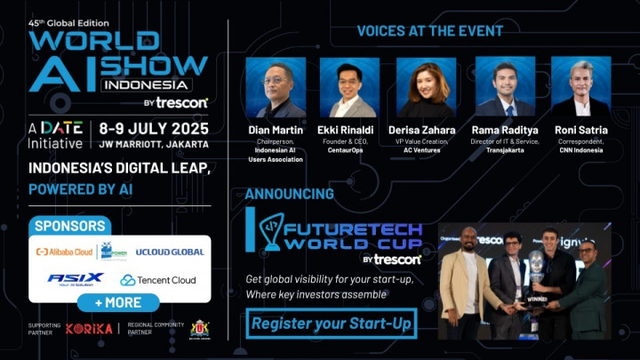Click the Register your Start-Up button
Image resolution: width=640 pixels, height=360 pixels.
[x=332, y=324]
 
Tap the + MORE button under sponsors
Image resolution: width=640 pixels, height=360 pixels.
[x=119, y=302]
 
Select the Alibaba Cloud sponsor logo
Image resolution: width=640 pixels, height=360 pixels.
[x=64, y=252]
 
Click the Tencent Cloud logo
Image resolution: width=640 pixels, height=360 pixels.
[x=158, y=280]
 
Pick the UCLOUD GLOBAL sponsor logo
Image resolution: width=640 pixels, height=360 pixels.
[x=170, y=252]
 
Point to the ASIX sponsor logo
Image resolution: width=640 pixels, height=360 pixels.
[x=76, y=279]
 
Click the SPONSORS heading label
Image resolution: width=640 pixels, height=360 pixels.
[x=69, y=226]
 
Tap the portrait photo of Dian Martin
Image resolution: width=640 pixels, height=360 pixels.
[x=276, y=88]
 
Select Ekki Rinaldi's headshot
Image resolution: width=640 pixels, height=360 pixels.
[x=349, y=88]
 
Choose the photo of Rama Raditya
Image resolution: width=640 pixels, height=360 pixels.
[x=504, y=88]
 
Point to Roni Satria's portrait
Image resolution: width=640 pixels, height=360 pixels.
[x=580, y=88]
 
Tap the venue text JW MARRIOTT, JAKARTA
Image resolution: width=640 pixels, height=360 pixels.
[x=155, y=144]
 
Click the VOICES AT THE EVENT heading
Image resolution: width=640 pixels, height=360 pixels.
[x=430, y=31]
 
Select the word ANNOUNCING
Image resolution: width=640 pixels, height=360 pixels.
[x=290, y=194]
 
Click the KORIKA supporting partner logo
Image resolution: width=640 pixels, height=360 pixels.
[x=89, y=329]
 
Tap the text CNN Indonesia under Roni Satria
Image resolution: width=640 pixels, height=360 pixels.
[x=581, y=150]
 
